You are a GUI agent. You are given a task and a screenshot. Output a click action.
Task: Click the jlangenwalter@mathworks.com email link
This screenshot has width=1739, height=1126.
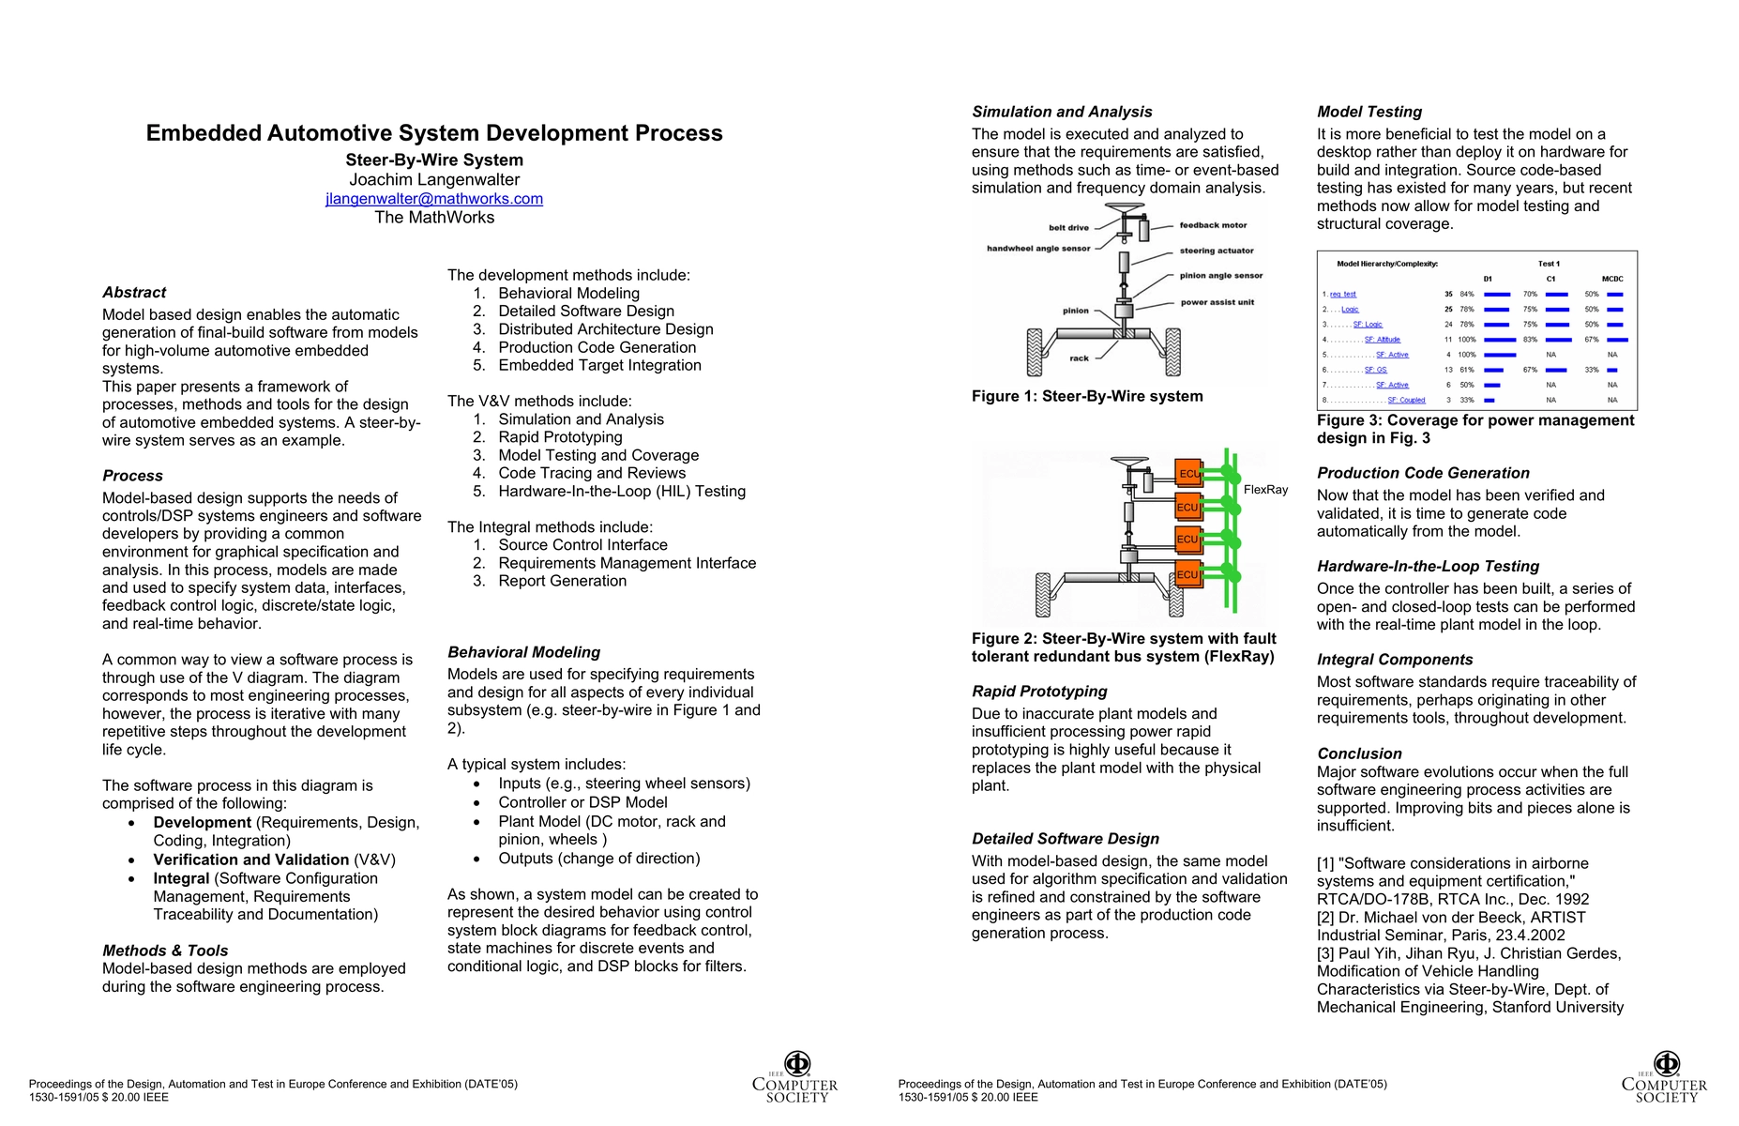[x=434, y=199]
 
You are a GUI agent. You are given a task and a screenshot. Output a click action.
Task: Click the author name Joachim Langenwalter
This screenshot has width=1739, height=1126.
[x=434, y=179]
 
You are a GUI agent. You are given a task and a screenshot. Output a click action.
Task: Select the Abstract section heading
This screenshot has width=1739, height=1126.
[x=134, y=293]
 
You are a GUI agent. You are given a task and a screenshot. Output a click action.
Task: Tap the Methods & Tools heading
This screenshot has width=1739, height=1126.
[x=165, y=951]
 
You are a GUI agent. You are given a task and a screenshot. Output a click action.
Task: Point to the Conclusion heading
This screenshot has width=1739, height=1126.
[x=1359, y=753]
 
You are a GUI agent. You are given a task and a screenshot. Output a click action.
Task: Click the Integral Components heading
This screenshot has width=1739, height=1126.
[x=1395, y=660]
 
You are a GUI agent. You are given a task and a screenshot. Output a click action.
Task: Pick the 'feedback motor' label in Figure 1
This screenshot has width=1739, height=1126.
[x=1213, y=225]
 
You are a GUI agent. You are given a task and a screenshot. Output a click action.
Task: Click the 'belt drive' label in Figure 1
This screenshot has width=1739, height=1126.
[x=1068, y=228]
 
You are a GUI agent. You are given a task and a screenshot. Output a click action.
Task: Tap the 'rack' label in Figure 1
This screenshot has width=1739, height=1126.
[x=1080, y=358]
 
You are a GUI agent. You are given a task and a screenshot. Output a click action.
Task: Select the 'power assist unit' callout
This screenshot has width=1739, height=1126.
[x=1217, y=302]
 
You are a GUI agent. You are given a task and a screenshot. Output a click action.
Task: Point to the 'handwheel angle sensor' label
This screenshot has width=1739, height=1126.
[x=1038, y=249]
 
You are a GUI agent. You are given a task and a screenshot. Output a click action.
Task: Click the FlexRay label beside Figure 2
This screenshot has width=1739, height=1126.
[x=1265, y=490]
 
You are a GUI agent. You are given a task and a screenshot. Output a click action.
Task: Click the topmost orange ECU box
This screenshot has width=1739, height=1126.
[x=1188, y=473]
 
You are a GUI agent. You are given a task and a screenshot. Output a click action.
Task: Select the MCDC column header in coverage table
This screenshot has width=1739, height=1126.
[x=1612, y=279]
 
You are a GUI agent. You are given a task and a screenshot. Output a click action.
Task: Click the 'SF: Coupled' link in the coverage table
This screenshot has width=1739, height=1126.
[x=1406, y=400]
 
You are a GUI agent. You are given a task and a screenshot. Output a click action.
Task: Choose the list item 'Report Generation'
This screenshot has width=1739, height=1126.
[x=562, y=581]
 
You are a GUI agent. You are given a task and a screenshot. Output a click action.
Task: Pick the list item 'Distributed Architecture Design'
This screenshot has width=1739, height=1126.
[x=605, y=329]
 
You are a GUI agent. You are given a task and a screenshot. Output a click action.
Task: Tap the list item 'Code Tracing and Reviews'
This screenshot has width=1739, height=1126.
[x=592, y=473]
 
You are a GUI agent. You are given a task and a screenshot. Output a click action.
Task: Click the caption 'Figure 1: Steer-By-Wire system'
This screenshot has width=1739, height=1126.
[x=1087, y=396]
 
